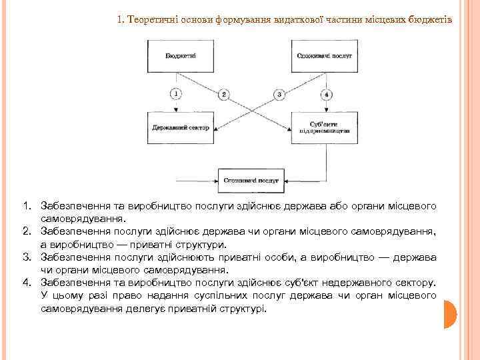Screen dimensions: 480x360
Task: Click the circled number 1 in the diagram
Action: click(x=175, y=94)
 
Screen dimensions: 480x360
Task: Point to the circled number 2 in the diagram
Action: click(x=224, y=94)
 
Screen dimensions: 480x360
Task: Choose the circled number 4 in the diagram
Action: click(x=326, y=94)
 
